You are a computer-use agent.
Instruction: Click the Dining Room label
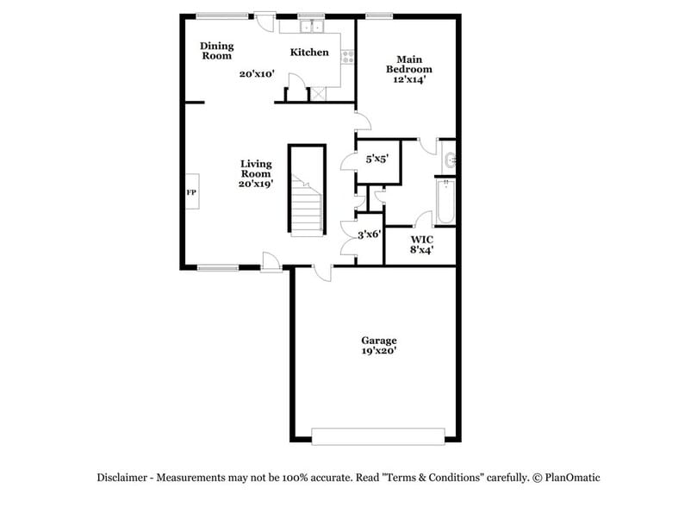point(217,51)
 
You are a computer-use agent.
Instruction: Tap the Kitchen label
point(308,53)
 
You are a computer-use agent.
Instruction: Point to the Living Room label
point(256,168)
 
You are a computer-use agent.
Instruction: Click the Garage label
point(379,341)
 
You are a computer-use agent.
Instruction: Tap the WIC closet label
point(421,239)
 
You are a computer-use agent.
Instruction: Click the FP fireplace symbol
point(191,192)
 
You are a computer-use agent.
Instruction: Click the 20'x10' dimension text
point(257,74)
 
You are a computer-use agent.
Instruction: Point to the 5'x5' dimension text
point(377,159)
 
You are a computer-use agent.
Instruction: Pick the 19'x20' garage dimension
point(379,351)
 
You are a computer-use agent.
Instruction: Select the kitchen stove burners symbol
point(349,58)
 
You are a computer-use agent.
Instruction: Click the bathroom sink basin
point(450,159)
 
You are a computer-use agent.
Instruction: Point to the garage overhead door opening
point(378,436)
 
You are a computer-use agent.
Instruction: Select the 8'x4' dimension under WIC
point(421,250)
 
